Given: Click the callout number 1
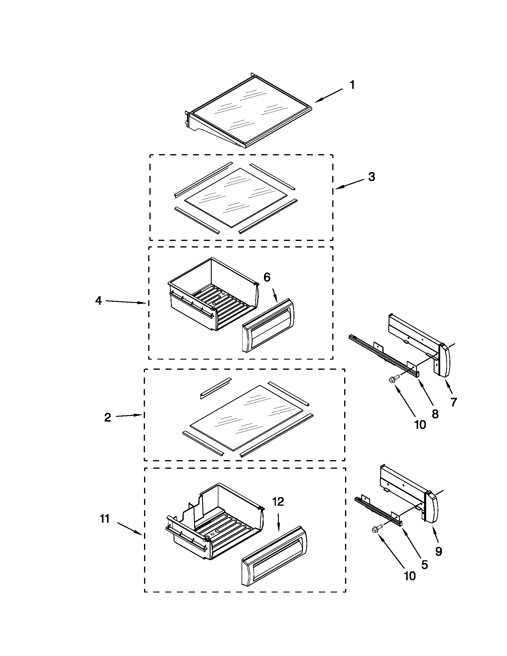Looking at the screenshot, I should (x=352, y=85).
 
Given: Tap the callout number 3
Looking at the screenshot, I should (x=372, y=177).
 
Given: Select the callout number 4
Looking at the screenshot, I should (x=98, y=301).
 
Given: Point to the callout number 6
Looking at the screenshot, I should (x=267, y=278).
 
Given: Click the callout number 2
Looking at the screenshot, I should (x=108, y=417).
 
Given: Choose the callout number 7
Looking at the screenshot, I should (x=454, y=402).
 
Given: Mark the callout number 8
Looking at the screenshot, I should (x=435, y=414).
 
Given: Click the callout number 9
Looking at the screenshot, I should (x=438, y=551).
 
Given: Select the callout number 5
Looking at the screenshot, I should (x=424, y=565).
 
